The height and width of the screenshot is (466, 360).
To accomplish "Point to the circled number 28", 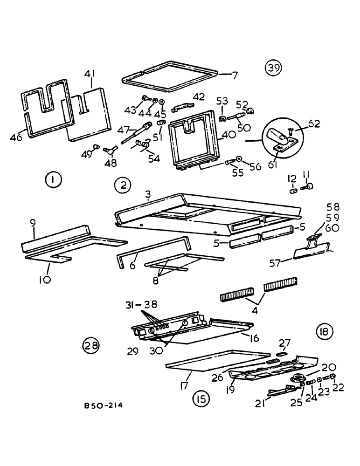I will (90, 345).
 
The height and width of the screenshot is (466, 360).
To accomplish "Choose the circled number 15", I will (201, 399).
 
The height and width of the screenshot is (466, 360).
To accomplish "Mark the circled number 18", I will (324, 332).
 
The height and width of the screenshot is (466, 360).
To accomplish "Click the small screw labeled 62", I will (291, 132).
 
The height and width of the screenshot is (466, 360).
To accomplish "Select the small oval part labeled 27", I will (283, 354).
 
